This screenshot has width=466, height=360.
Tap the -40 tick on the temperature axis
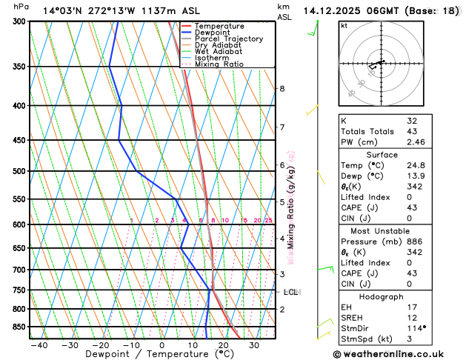(39, 345)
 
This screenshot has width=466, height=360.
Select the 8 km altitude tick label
(282, 89)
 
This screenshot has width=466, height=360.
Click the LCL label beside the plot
(291, 292)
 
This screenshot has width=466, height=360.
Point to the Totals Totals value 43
(412, 131)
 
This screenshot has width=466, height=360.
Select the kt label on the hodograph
(344, 25)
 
